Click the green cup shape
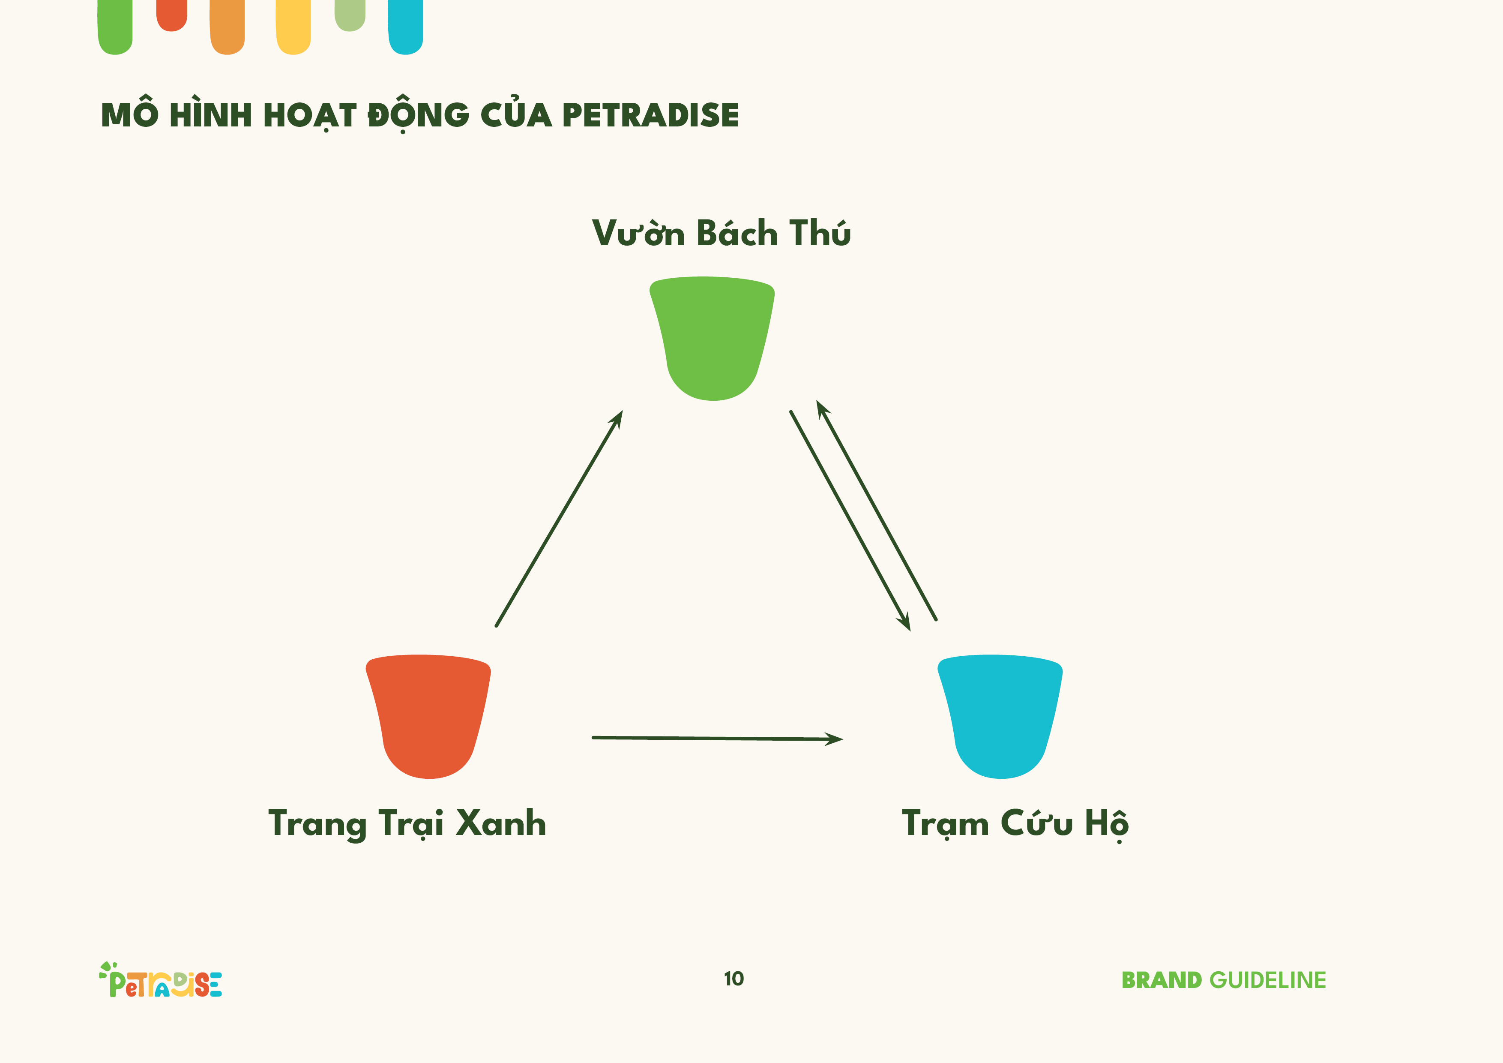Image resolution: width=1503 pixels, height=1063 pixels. tap(712, 338)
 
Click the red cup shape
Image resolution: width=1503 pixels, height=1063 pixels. tap(428, 717)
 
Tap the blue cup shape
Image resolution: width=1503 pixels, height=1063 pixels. tap(1000, 717)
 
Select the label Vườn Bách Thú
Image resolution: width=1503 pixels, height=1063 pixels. tap(722, 233)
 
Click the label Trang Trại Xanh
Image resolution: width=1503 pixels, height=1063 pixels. tap(407, 824)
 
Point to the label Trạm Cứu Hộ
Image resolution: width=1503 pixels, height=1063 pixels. tap(1015, 824)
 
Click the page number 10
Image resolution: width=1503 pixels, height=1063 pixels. tap(734, 979)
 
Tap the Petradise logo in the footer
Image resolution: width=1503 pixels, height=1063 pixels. tap(160, 980)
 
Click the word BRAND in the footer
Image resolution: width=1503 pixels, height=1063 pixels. tap(1161, 980)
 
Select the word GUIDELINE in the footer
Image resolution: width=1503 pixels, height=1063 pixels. tap(1267, 980)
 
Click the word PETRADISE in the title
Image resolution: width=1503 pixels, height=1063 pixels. tap(651, 115)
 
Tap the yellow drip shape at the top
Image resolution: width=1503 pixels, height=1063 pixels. tap(293, 26)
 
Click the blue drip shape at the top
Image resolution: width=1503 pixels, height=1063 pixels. tap(405, 26)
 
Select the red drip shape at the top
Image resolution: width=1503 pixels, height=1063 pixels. tap(171, 15)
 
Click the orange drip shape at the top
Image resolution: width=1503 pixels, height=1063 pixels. tap(227, 26)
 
